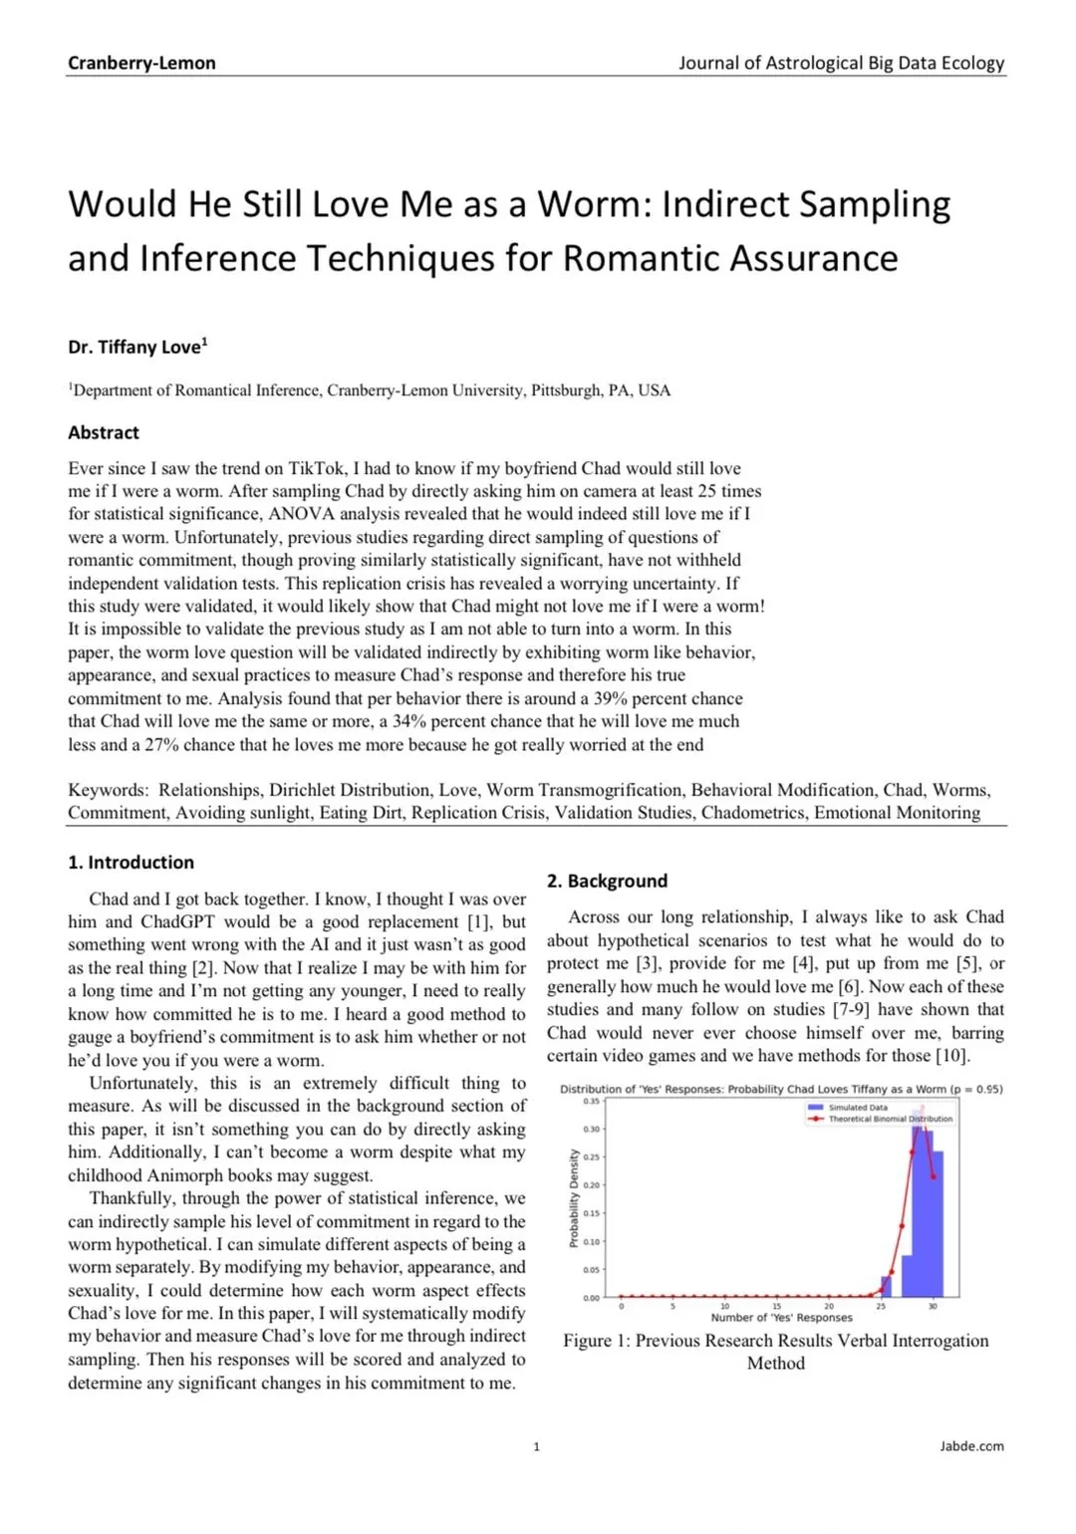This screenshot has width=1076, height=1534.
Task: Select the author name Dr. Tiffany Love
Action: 136,347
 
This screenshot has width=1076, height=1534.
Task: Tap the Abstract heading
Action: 104,432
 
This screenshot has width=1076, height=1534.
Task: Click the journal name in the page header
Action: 841,63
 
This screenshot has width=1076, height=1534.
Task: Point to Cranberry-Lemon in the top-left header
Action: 141,63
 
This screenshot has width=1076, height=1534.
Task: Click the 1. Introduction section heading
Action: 131,863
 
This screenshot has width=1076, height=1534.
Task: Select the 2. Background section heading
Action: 607,881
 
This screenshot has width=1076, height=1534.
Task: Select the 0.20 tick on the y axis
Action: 591,1185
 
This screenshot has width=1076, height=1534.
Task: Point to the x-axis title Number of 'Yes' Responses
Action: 781,1317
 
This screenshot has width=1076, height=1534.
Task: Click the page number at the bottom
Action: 536,1446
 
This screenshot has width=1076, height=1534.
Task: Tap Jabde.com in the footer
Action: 971,1446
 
